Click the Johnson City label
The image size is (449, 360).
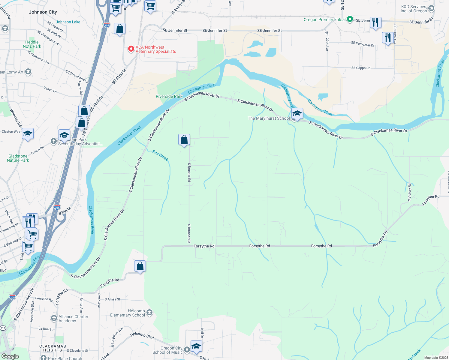[x=43, y=12]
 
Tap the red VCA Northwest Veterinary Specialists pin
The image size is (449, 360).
[x=131, y=49]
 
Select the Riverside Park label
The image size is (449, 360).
[x=169, y=96]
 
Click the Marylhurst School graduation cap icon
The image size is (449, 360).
[x=297, y=114]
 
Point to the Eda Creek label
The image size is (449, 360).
[x=160, y=155]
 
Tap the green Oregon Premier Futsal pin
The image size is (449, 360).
[x=350, y=19]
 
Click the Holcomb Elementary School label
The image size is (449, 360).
[x=128, y=313]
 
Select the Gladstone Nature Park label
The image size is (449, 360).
[x=18, y=158]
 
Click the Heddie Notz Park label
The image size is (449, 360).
[x=32, y=44]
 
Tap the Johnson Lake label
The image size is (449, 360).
[x=68, y=22]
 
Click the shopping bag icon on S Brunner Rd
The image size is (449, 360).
[x=184, y=140]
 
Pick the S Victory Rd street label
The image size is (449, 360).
[x=409, y=192]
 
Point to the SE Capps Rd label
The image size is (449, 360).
[x=361, y=68]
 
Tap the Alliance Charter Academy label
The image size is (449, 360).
[x=73, y=319]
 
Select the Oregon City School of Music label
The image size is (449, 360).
[x=167, y=350]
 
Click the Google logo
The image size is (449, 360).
[x=10, y=356]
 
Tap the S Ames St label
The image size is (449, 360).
[x=112, y=299]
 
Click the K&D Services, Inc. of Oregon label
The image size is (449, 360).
[x=414, y=9]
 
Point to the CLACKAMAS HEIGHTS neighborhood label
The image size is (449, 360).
[x=53, y=348]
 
